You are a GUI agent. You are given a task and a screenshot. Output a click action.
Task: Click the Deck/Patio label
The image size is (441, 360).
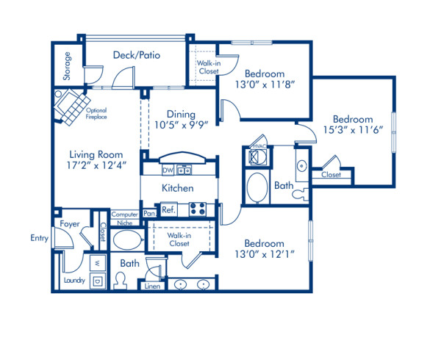pyautogui.click(x=137, y=55)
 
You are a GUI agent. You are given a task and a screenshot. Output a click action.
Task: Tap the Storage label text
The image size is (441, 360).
pyautogui.click(x=67, y=67)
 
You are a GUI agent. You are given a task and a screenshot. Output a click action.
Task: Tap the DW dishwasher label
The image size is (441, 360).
pyautogui.click(x=168, y=170)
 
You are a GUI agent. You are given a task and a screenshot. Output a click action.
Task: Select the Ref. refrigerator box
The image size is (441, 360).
pyautogui.click(x=168, y=209)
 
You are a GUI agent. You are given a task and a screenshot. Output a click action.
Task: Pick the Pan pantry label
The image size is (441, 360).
pyautogui.click(x=149, y=213)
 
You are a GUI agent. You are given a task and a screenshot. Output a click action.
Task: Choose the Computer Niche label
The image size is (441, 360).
pyautogui.click(x=124, y=217)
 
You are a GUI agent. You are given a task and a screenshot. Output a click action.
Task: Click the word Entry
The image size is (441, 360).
pyautogui.click(x=39, y=237)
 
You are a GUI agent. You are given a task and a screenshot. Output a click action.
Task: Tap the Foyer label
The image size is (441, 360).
pyautogui.click(x=70, y=224)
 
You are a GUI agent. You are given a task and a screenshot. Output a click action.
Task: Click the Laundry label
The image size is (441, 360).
pyautogui.click(x=74, y=281)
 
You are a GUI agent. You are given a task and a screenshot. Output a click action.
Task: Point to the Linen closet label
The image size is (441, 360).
pyautogui.click(x=152, y=286)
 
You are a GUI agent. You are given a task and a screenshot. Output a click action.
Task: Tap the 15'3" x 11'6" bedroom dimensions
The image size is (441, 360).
pyautogui.click(x=352, y=132)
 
